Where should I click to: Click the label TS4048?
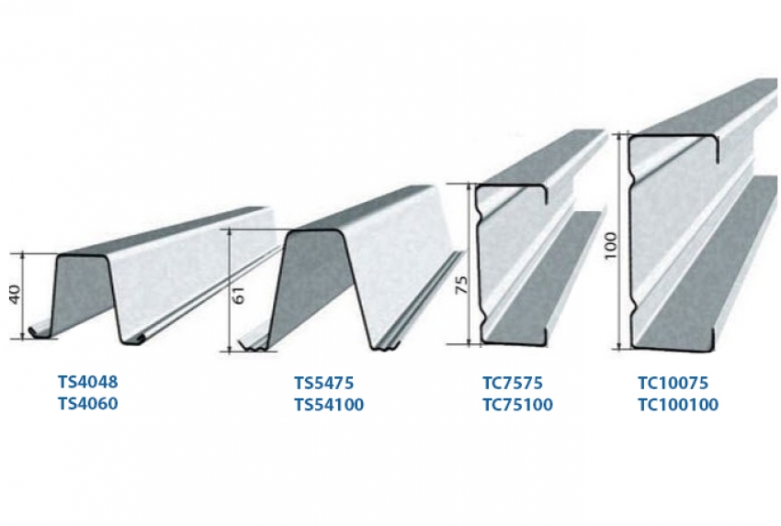tap(88, 382)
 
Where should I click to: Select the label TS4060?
tap(88, 403)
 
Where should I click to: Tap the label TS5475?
tap(324, 383)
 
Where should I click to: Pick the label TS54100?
tap(329, 404)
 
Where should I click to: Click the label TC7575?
tap(513, 383)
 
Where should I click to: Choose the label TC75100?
tap(517, 404)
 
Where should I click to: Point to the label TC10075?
tap(673, 383)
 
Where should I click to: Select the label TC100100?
tap(678, 404)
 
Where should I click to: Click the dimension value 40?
tap(15, 295)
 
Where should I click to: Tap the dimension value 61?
tap(240, 297)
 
